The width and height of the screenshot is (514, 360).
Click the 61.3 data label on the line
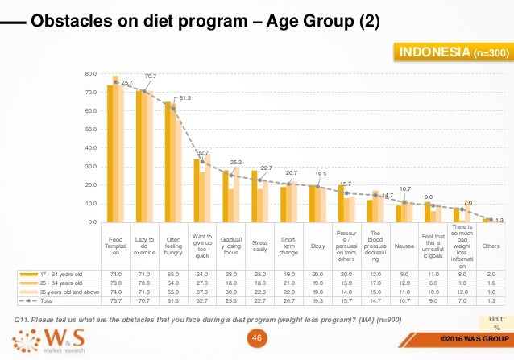pos(184,97)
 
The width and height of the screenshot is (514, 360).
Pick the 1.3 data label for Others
pos(499,220)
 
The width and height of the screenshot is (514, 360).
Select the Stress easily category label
pos(259,243)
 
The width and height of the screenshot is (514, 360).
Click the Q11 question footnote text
pos(201,321)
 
